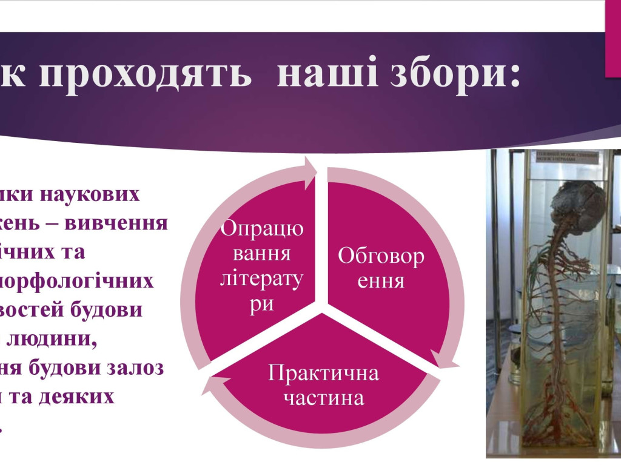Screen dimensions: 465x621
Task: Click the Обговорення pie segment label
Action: point(381,268)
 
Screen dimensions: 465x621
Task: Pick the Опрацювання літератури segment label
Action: point(262,265)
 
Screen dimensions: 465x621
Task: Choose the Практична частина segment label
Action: point(324,385)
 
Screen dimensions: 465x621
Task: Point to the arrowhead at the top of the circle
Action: point(311,169)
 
